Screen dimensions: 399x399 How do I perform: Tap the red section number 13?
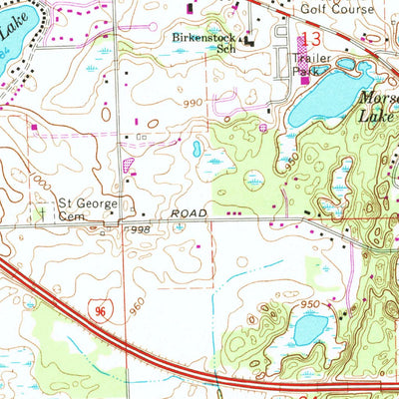[312, 39]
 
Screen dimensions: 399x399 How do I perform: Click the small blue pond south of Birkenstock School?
[197, 149]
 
